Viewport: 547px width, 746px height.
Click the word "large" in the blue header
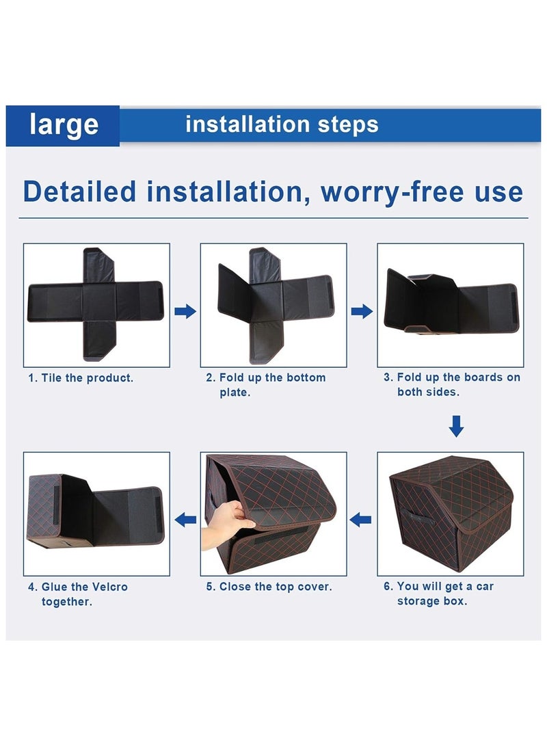[64, 124]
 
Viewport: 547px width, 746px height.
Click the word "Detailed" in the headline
[79, 191]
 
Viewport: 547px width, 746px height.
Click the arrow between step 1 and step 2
[185, 312]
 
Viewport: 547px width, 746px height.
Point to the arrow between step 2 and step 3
[362, 312]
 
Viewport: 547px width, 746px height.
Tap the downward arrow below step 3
[456, 426]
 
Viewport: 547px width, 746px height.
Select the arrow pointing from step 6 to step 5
[360, 520]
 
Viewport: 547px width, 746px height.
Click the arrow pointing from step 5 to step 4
[185, 520]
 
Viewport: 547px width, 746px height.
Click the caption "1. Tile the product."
[81, 378]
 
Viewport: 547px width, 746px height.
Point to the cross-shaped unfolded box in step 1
[96, 304]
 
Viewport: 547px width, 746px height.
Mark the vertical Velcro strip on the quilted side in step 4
[55, 505]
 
